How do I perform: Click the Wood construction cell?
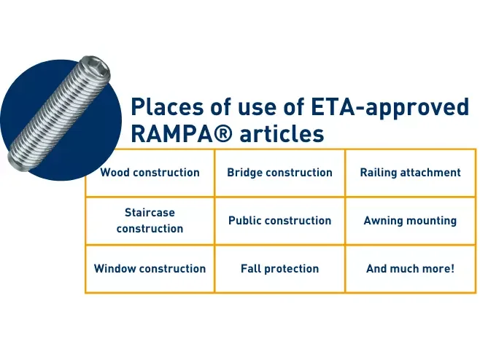tap(150, 173)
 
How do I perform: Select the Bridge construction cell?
tap(279, 173)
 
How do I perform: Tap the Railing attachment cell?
tap(410, 173)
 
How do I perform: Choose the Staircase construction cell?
tap(150, 220)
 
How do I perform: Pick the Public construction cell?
tap(279, 220)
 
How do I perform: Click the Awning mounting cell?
tap(410, 220)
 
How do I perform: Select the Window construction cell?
tap(150, 268)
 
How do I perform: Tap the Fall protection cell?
tap(279, 268)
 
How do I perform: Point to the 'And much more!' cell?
tap(410, 268)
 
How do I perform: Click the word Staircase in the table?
tap(150, 213)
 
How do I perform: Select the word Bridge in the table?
tap(245, 173)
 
